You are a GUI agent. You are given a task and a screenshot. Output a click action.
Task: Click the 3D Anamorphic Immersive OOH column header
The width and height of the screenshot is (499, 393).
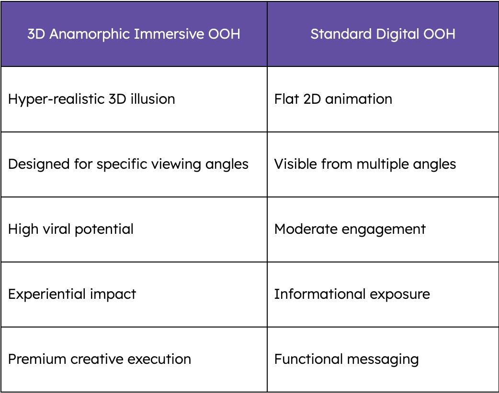134,34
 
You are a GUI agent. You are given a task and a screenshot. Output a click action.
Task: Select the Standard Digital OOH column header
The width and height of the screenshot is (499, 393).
383,34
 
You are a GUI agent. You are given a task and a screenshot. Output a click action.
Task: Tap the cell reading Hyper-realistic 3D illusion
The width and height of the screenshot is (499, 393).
134,99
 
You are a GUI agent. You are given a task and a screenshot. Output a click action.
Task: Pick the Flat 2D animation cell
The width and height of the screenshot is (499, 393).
383,99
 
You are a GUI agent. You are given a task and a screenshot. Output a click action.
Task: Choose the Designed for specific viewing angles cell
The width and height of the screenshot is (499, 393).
134,164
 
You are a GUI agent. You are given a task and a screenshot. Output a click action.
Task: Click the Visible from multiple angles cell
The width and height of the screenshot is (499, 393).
383,164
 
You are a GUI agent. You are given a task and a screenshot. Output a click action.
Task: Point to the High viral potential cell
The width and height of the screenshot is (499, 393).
134,229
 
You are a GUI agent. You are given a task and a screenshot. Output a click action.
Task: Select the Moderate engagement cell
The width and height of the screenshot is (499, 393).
383,229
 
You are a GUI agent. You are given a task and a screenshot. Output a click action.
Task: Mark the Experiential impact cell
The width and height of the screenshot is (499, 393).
134,295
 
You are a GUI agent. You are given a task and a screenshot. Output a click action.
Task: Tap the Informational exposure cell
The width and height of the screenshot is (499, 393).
383,295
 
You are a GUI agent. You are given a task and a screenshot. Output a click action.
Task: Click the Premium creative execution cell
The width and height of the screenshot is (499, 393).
134,360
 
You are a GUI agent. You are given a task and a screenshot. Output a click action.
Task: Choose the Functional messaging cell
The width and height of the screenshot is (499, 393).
383,360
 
